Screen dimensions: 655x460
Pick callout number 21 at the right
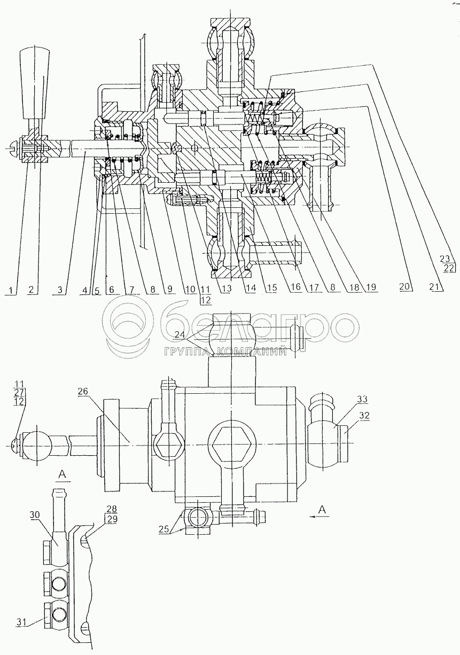click(438, 287)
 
